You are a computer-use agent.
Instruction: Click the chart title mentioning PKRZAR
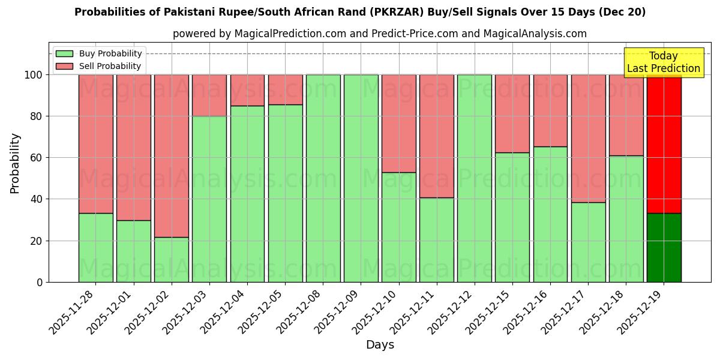coord(360,12)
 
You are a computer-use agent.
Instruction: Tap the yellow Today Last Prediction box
coord(663,62)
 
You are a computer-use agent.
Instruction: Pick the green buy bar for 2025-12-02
coord(172,259)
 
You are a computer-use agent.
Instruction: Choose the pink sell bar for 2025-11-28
coord(96,144)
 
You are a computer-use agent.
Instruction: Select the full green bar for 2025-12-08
coord(323,178)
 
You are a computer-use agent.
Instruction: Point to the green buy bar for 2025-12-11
coord(437,240)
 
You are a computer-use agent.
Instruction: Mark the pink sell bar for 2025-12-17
coord(588,138)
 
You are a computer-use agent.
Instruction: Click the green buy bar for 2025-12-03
coord(209,198)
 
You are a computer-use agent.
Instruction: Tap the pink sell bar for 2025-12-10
coord(399,123)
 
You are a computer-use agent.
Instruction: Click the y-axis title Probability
coord(15,163)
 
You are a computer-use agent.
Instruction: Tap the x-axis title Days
coord(380,345)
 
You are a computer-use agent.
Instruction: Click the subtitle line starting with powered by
coord(380,34)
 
